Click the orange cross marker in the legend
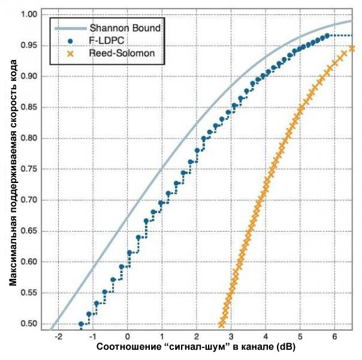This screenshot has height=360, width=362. click(x=70, y=53)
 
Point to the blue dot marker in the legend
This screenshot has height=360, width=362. click(x=70, y=40)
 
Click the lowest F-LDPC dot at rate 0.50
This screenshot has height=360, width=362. click(x=82, y=324)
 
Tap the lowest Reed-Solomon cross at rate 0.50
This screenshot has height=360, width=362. click(x=222, y=324)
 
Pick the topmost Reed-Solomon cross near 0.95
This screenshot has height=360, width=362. click(x=352, y=49)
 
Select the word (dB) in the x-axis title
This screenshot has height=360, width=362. click(x=285, y=349)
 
